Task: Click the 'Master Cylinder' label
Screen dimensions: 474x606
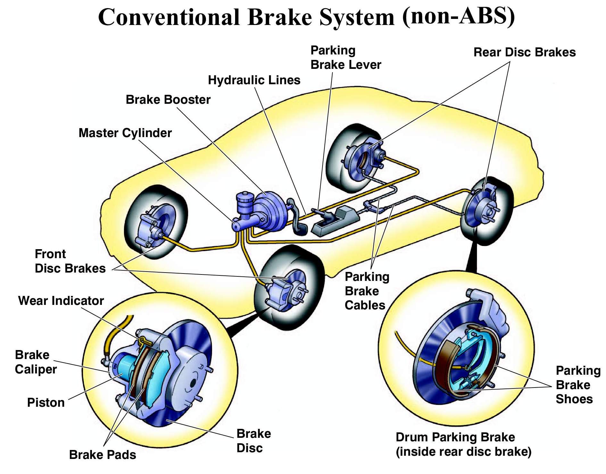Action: [125, 133]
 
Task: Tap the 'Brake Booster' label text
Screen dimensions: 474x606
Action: [168, 100]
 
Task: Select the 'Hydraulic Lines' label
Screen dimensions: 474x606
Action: [254, 80]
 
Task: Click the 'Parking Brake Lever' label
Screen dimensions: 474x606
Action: [345, 58]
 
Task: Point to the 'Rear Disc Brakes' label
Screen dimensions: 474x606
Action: [524, 52]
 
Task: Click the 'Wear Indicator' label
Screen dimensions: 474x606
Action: [61, 301]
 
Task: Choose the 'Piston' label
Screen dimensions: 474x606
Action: [46, 403]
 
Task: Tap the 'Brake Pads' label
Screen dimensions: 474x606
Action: [102, 455]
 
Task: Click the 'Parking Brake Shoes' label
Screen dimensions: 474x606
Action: [577, 385]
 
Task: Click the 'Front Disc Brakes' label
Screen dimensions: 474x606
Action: [70, 261]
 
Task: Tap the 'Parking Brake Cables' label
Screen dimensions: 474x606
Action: [366, 291]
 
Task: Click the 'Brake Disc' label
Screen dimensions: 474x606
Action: [253, 441]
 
